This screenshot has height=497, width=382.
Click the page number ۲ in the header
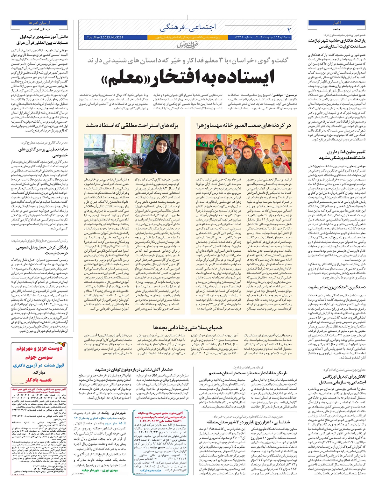coord(289,30)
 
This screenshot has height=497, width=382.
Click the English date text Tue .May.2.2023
coord(105,38)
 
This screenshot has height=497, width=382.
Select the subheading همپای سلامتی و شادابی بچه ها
coord(187,328)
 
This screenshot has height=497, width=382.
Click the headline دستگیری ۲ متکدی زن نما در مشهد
coord(337,287)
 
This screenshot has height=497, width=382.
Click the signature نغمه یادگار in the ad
coord(39,379)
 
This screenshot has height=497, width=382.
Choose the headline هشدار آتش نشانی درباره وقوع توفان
coord(133,369)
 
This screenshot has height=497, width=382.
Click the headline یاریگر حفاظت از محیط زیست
coord(248,373)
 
